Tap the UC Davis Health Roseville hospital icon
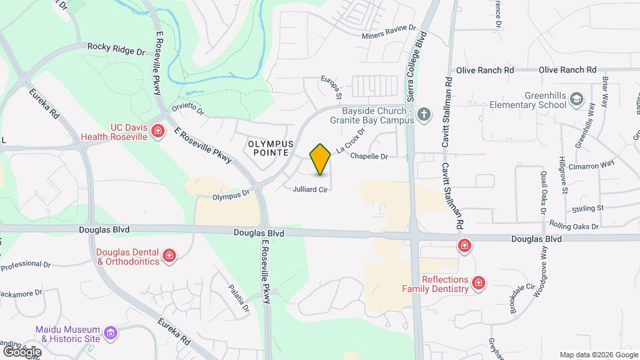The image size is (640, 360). (158, 131)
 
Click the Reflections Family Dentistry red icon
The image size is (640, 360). (478, 284)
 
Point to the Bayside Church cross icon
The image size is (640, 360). (423, 116)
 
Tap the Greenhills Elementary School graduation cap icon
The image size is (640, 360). (575, 100)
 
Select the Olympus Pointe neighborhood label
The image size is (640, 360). (271, 148)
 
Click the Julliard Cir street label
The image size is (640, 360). (310, 190)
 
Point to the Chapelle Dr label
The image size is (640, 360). (369, 157)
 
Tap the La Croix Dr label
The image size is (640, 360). (351, 141)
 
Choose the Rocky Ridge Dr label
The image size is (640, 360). (116, 49)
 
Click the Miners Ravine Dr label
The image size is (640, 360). (389, 36)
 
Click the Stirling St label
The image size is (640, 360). (588, 208)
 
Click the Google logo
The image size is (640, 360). (23, 351)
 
